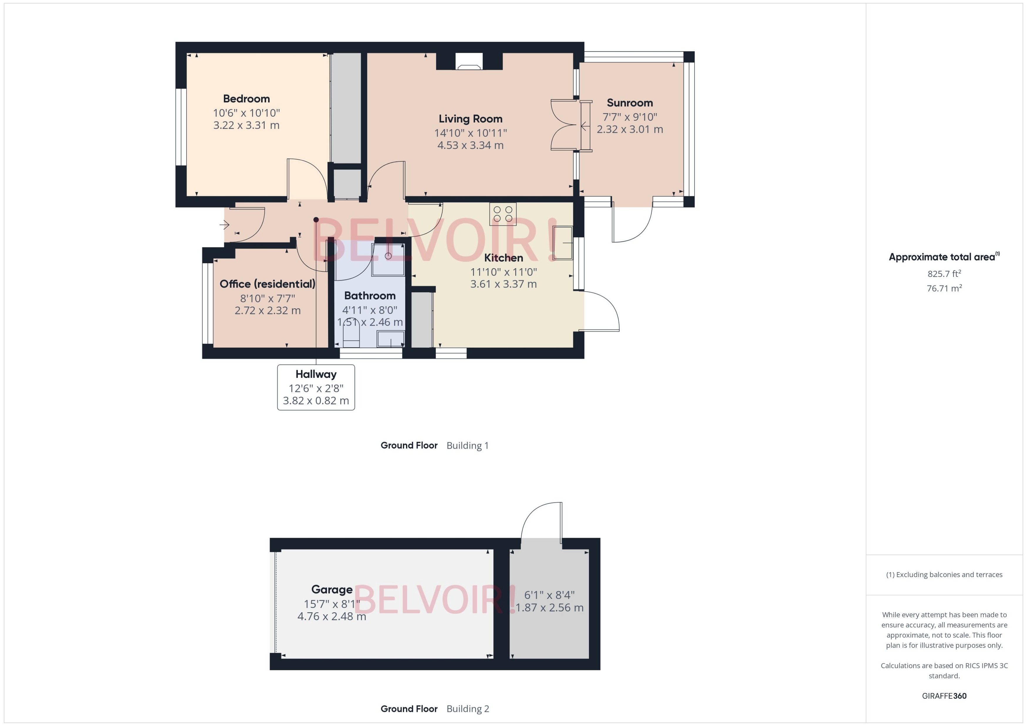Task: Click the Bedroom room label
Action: coord(246,99)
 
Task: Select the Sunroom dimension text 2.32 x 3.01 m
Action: coord(630,129)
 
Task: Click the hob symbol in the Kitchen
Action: coord(503,214)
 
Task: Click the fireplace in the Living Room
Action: coord(469,62)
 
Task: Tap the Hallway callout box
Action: coord(316,387)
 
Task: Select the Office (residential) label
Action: coord(267,284)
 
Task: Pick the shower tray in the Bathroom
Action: coord(388,259)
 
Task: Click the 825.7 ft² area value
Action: coord(944,273)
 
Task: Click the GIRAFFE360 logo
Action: coord(944,696)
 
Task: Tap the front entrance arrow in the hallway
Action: coord(225,225)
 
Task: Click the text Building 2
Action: coord(468,709)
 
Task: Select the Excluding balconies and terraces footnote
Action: coord(944,574)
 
